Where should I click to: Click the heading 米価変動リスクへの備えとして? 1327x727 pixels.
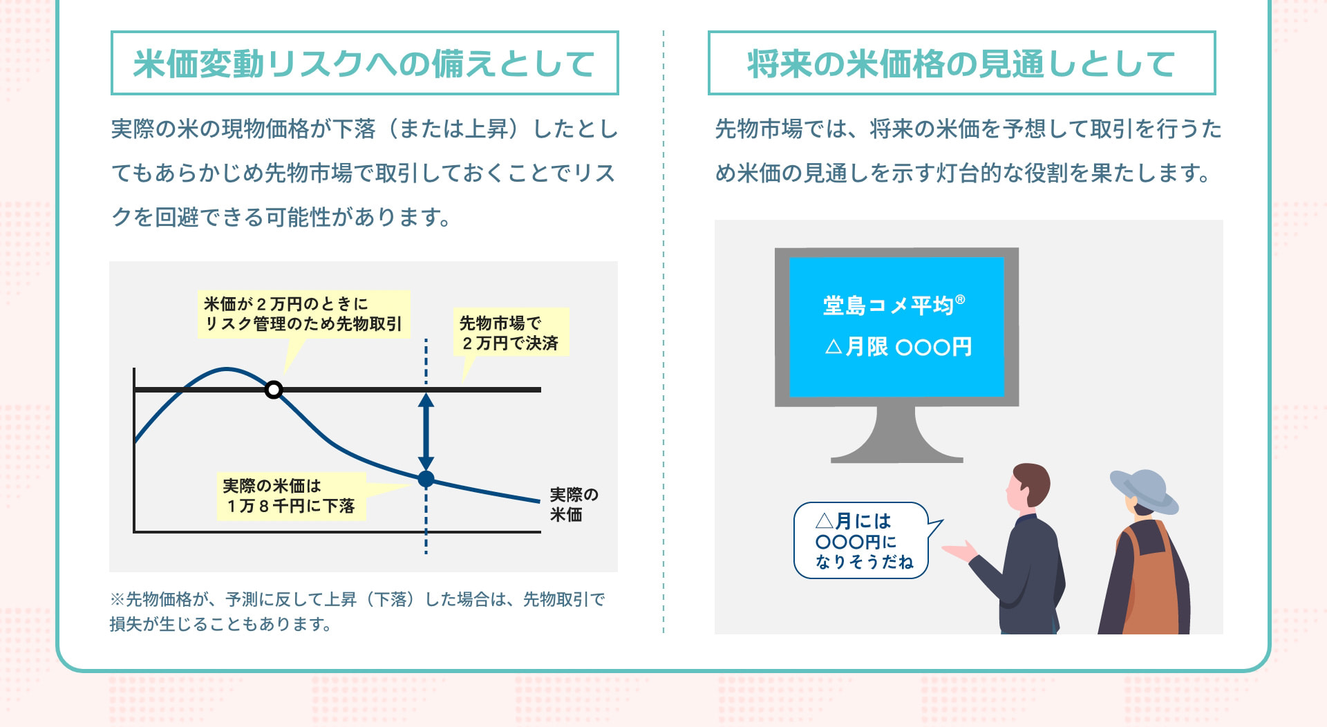pos(364,64)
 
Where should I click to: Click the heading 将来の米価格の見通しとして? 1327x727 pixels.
pos(961,64)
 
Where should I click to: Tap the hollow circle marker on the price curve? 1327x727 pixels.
pos(274,390)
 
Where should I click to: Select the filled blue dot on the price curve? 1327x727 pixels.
pos(426,478)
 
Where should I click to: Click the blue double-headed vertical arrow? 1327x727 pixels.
pos(426,432)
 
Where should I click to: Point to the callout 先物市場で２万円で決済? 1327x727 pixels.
pos(510,332)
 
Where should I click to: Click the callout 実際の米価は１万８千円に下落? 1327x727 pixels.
pos(290,495)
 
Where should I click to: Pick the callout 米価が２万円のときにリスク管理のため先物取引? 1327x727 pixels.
pos(303,314)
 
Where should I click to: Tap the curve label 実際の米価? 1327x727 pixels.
pos(573,504)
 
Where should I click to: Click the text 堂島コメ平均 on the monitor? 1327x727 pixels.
pos(887,305)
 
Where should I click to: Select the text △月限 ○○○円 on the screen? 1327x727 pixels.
pos(898,346)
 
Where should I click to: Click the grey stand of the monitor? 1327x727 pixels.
pos(896,435)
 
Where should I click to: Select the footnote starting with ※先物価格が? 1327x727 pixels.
pos(357,611)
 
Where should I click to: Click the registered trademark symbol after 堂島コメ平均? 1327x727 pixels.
pos(960,299)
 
